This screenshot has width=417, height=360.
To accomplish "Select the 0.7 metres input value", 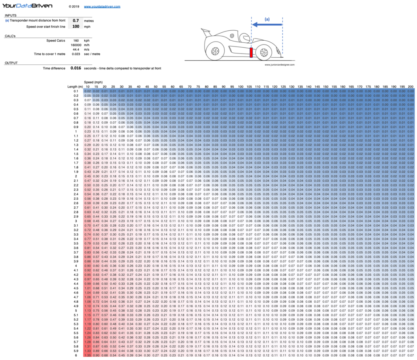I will pyautogui.click(x=76, y=20).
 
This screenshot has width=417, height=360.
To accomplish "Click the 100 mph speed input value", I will pyautogui.click(x=76, y=26).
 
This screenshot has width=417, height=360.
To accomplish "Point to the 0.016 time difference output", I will pyautogui.click(x=76, y=68).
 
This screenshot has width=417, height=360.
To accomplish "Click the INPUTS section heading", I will pyautogui.click(x=11, y=15).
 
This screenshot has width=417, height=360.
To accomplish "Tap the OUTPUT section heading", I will pyautogui.click(x=11, y=62).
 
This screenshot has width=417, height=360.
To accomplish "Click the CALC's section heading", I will pyautogui.click(x=10, y=36).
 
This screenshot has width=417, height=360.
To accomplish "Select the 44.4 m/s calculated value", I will pyautogui.click(x=76, y=49).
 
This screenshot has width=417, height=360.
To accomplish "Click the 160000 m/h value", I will pyautogui.click(x=76, y=45).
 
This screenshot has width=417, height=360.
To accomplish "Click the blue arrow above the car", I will pyautogui.click(x=267, y=25).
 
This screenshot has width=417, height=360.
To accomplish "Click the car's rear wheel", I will pyautogui.click(x=215, y=51).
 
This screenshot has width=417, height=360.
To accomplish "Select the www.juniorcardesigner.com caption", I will pyautogui.click(x=279, y=65).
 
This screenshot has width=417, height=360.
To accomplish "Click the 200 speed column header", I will pyautogui.click(x=410, y=86).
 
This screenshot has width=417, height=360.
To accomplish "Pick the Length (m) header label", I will pyautogui.click(x=75, y=86).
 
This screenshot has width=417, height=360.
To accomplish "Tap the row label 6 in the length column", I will pyautogui.click(x=76, y=355).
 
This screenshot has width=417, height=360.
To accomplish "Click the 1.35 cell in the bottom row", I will pyautogui.click(x=87, y=355).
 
